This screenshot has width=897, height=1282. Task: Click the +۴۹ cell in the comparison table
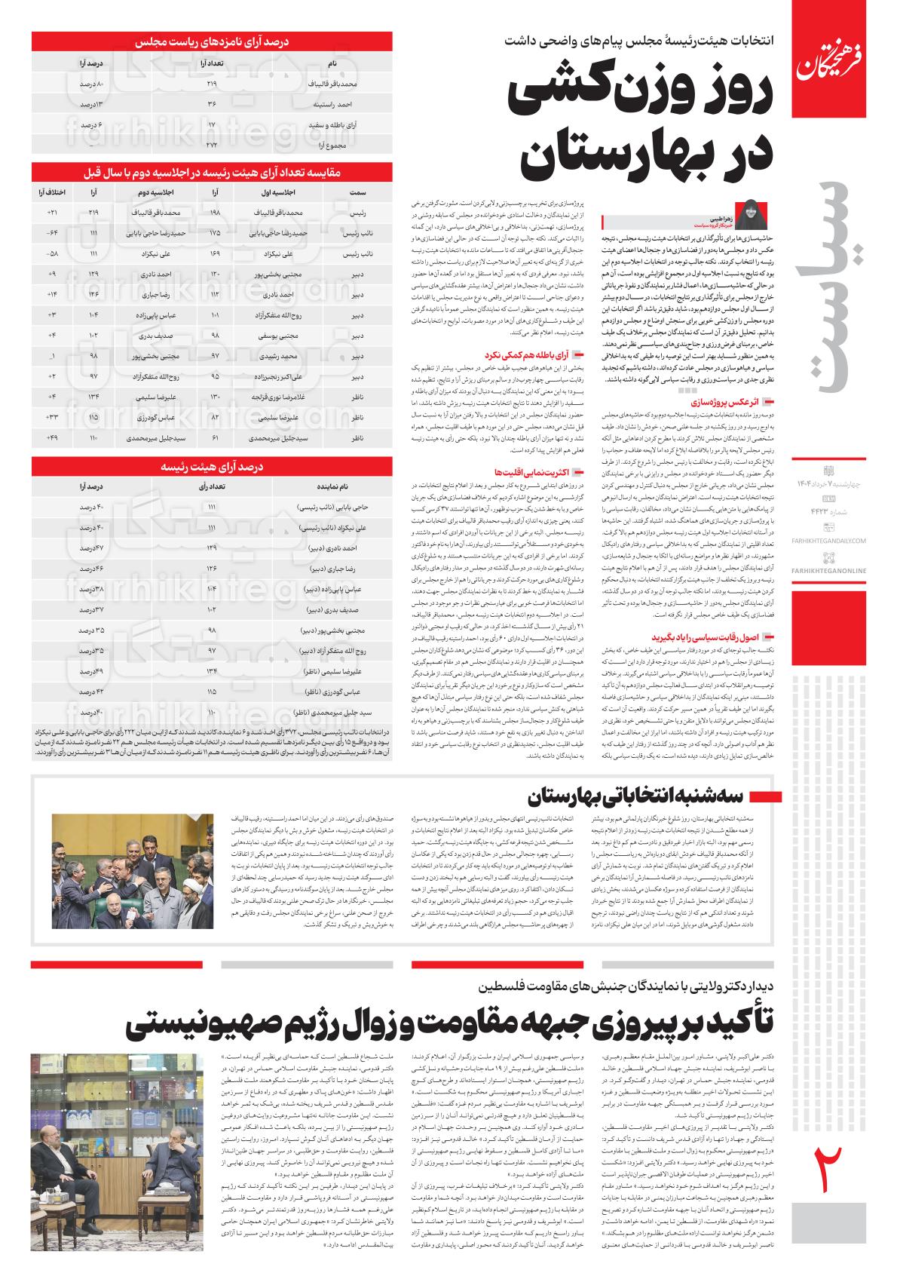(x=52, y=437)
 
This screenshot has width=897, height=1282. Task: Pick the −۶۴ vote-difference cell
(x=52, y=234)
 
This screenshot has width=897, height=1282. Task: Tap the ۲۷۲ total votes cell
(x=211, y=143)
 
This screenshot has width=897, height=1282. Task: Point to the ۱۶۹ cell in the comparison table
(x=215, y=254)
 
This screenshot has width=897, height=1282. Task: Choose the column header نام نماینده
(x=332, y=488)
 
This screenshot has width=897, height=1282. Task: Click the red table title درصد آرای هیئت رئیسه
(x=212, y=468)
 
